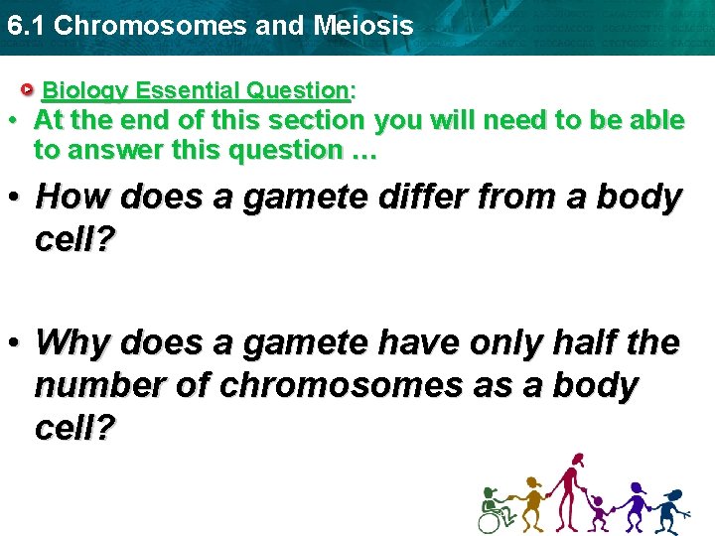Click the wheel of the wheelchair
[490, 520]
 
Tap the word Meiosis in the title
[363, 26]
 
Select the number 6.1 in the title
[26, 26]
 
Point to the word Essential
[188, 90]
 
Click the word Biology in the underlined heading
[86, 90]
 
